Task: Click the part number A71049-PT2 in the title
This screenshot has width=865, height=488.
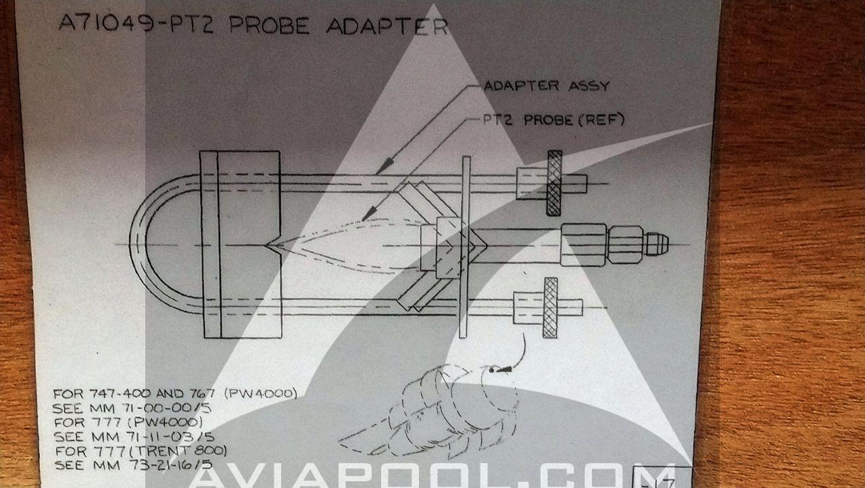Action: (x=136, y=23)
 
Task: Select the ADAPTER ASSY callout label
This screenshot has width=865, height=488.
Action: (x=546, y=86)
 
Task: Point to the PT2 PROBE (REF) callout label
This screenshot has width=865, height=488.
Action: (x=553, y=120)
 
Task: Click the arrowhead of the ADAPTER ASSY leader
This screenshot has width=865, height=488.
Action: (x=385, y=166)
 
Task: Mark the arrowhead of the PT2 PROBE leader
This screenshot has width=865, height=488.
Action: (x=369, y=213)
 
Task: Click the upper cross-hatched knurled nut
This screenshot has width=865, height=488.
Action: (x=554, y=182)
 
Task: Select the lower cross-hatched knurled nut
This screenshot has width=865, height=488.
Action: (x=550, y=308)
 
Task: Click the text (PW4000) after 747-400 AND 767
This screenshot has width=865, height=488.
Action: (x=261, y=393)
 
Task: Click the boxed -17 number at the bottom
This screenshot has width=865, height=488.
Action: (x=662, y=479)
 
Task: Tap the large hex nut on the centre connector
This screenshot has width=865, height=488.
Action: (x=583, y=245)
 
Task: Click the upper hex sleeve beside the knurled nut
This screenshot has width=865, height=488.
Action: (x=532, y=183)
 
